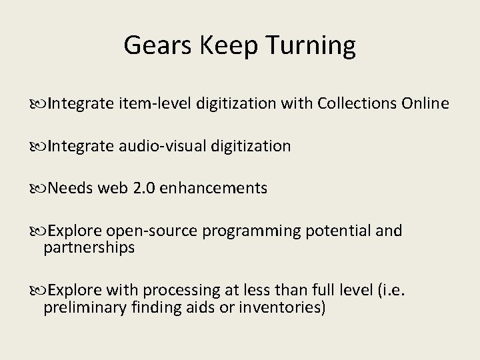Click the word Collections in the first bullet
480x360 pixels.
pyautogui.click(x=357, y=104)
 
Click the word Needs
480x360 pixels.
pyautogui.click(x=70, y=189)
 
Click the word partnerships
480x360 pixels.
pyautogui.click(x=89, y=248)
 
